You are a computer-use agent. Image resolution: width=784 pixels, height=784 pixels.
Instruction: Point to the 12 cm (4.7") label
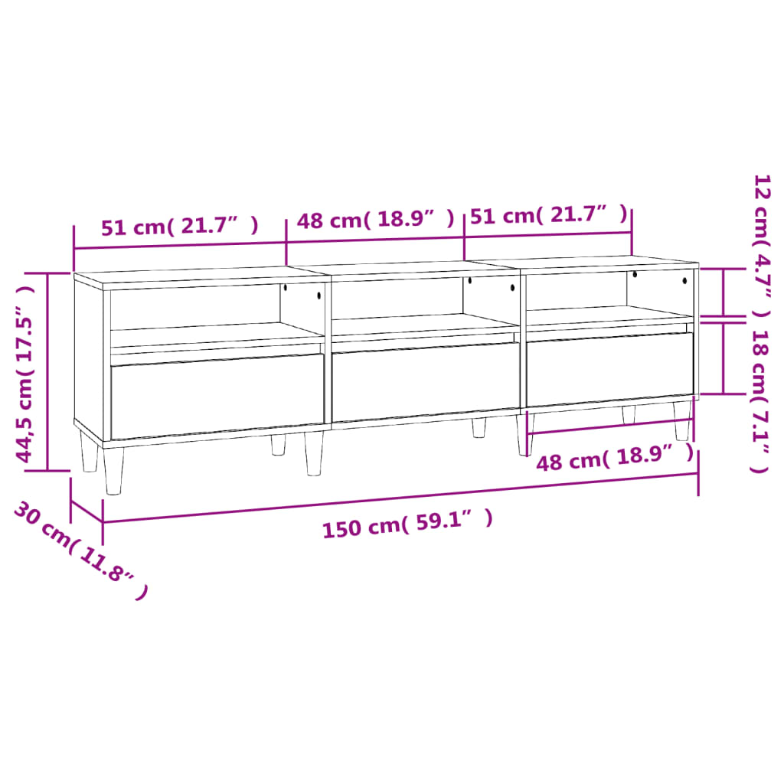[x=761, y=244]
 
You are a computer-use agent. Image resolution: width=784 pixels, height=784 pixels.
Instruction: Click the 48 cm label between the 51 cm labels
[x=376, y=220]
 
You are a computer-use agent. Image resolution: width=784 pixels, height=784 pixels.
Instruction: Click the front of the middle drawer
[x=426, y=381]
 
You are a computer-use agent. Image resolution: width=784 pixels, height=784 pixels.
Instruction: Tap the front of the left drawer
[x=217, y=395]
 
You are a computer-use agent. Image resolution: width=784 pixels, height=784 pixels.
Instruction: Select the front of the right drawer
[x=609, y=368]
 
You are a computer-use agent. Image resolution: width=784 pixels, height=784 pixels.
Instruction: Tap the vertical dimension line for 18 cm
[x=724, y=358]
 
